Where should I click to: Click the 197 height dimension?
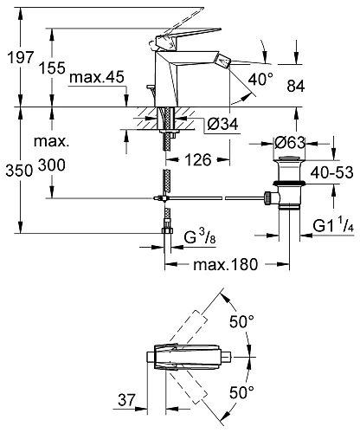[21, 57]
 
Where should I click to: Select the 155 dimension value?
[52, 68]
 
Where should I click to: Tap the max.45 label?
[97, 77]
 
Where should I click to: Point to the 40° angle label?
[260, 79]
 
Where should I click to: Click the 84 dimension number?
[296, 86]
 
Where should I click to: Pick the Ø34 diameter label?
[223, 124]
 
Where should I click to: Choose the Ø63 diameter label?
[290, 142]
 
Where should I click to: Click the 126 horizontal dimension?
[198, 159]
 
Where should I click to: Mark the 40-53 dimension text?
[331, 172]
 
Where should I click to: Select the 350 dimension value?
[19, 171]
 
